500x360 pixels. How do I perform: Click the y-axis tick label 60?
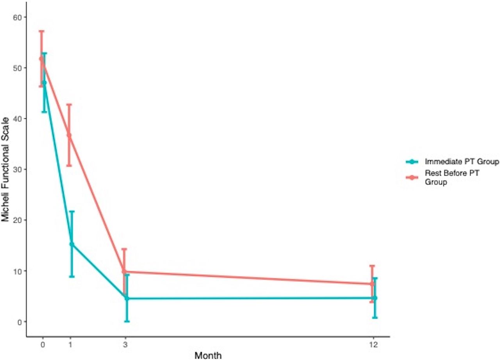pos(17,17)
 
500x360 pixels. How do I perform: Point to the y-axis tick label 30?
pos(17,169)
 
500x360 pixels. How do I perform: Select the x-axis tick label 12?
pos(373,345)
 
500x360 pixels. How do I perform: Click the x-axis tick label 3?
pos(125,345)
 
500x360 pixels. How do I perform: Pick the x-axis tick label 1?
pos(71,345)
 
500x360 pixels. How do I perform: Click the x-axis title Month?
pos(208,355)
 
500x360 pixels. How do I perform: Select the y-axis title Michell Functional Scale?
pos(5,169)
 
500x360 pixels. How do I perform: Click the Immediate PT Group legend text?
pos(462,162)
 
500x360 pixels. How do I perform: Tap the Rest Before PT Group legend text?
pos(452,178)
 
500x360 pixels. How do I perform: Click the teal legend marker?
pos(412,162)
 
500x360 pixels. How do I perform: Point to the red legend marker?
pos(412,178)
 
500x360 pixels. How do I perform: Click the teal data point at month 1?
pos(71,244)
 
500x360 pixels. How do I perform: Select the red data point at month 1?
pos(69,135)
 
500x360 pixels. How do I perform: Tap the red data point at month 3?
pos(124,271)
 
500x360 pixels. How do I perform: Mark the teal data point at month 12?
pos(375,298)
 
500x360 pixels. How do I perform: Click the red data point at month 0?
pos(41,59)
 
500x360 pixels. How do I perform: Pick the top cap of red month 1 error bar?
pos(69,104)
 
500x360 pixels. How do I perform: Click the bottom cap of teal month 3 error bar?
pos(127,321)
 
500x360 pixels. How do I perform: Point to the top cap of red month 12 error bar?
pos(372,266)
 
